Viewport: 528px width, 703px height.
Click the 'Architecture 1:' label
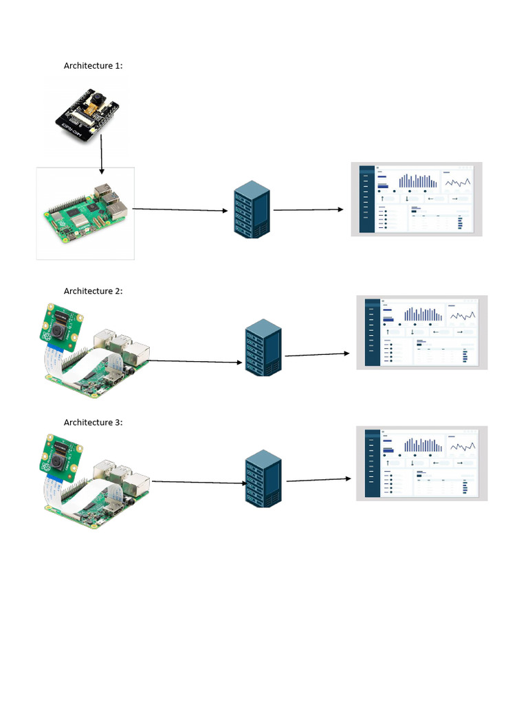(93, 66)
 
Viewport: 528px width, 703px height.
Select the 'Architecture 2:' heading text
(93, 291)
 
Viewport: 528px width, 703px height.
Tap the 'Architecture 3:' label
(93, 422)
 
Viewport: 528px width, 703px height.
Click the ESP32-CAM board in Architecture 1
(88, 115)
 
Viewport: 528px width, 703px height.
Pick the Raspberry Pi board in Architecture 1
(85, 209)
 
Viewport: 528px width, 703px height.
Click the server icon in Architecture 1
(251, 209)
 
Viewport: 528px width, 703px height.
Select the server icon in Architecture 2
(263, 347)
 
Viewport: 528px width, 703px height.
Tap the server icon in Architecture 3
(263, 479)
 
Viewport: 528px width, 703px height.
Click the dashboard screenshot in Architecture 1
(417, 199)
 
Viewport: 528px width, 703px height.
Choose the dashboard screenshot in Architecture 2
(422, 332)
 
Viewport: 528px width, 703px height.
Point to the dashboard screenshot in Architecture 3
(422, 463)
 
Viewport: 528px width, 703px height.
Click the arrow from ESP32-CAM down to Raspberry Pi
(102, 154)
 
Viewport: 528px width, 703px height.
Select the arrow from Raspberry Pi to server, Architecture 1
(180, 209)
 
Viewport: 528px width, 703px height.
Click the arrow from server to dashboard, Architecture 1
(308, 209)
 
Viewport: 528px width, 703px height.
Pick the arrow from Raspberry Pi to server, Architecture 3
(199, 482)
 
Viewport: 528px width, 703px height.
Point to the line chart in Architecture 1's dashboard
(457, 182)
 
